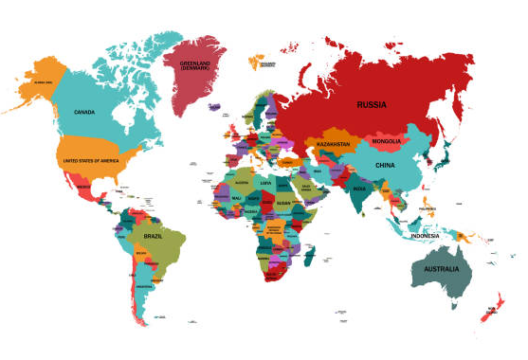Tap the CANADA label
pyautogui.click(x=83, y=112)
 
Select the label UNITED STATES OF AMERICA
pyautogui.click(x=94, y=161)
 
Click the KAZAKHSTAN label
pyautogui.click(x=333, y=144)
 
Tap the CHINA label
pyautogui.click(x=385, y=165)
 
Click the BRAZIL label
pyautogui.click(x=154, y=234)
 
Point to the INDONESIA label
pyautogui.click(x=427, y=234)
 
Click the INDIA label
pyautogui.click(x=359, y=189)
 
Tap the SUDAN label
pyautogui.click(x=283, y=203)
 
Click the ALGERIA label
pyautogui.click(x=241, y=182)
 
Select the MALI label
pyautogui.click(x=236, y=198)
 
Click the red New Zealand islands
pyautogui.click(x=489, y=310)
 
